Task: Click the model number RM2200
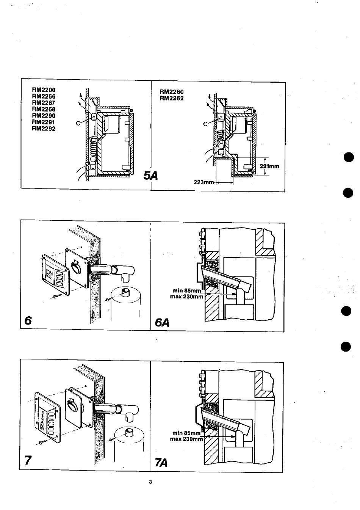click(44, 90)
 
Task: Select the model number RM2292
click(44, 129)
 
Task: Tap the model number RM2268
click(44, 109)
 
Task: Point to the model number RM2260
click(172, 92)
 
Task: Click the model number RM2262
click(172, 98)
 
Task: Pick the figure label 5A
click(151, 176)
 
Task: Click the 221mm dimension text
click(269, 166)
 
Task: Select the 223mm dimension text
click(203, 182)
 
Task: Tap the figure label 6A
click(162, 322)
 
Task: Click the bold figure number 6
click(28, 320)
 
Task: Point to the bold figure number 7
click(28, 460)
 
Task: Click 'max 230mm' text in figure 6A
click(186, 297)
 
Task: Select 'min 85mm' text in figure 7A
click(186, 433)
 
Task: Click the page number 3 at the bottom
click(150, 482)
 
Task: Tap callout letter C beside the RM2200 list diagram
click(78, 123)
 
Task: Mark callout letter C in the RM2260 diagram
click(205, 124)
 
